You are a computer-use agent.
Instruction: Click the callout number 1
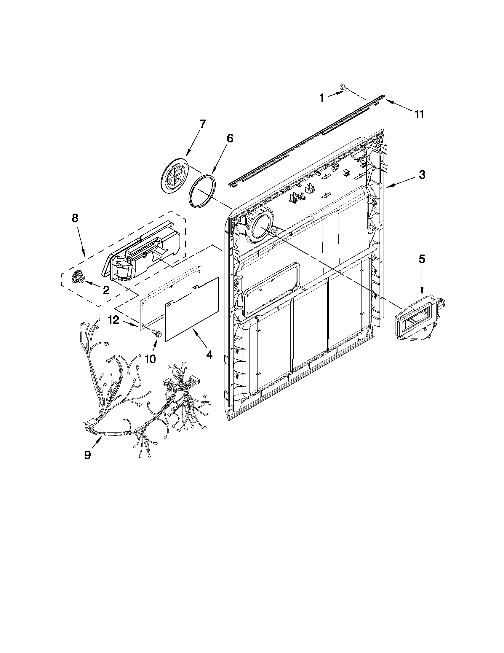321,98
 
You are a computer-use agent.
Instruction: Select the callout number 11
420,114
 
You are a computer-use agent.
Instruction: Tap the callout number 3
421,175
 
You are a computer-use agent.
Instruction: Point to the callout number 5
421,259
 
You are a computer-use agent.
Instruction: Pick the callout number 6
230,139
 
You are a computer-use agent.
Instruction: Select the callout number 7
202,123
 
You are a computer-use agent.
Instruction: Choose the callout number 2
106,290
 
